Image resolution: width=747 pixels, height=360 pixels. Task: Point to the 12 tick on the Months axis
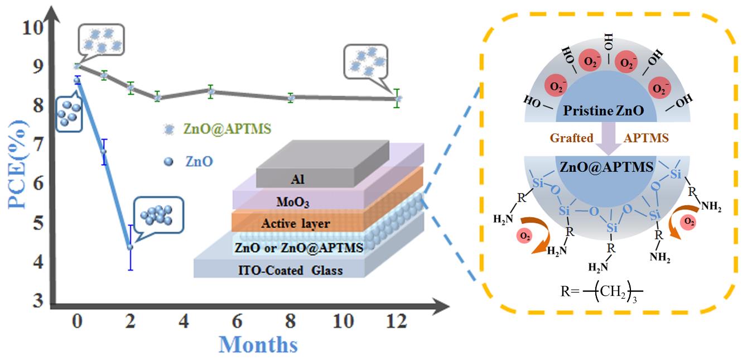[x=397, y=322]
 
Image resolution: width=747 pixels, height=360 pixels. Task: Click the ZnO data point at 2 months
[x=130, y=247]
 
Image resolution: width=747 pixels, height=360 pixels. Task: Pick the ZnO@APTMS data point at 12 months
[x=398, y=98]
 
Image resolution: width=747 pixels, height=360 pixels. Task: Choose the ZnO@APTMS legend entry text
[x=227, y=128]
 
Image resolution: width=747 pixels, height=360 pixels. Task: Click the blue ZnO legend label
[x=199, y=161]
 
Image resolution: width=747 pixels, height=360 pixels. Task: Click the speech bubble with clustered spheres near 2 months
[x=159, y=215]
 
